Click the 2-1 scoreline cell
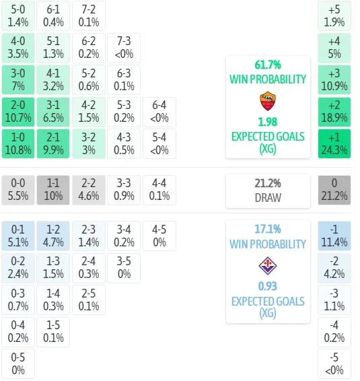point(53,144)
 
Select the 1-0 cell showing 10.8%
point(18,144)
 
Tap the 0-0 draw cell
point(18,190)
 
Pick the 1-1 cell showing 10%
point(53,190)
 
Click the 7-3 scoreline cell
point(124,48)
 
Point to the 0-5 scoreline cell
point(18,364)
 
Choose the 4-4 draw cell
point(159,190)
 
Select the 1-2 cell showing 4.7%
point(53,236)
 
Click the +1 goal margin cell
point(334,144)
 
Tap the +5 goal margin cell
point(334,15)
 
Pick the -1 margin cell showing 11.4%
point(334,236)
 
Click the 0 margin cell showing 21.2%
point(334,190)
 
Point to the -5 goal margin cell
point(334,364)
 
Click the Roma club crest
point(268,101)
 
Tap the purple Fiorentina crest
point(268,266)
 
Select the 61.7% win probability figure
point(268,65)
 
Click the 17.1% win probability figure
point(268,229)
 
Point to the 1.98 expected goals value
point(268,122)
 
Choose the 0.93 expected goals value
point(268,286)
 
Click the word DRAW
point(268,198)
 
